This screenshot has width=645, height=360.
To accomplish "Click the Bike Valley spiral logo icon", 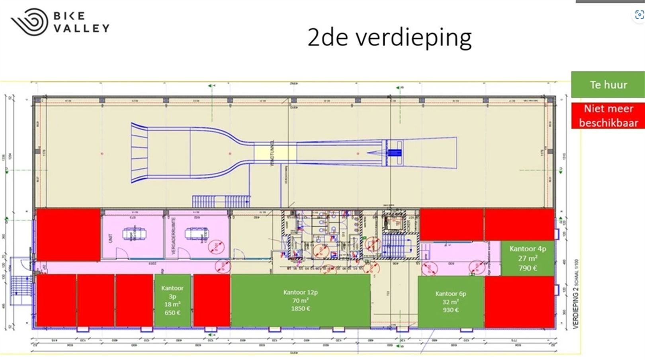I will (29, 22).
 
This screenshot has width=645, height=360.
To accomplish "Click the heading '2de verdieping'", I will (389, 38).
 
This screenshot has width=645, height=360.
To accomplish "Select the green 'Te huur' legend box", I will (608, 84).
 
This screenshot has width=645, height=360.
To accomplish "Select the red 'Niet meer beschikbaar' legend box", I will (608, 115).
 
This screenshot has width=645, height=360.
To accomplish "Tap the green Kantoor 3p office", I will (172, 301).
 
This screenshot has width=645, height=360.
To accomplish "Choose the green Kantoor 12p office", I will (301, 301).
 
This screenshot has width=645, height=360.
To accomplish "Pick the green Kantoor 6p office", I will (451, 302).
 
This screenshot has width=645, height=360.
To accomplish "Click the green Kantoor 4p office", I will (528, 258).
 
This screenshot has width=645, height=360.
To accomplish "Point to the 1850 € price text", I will (301, 309).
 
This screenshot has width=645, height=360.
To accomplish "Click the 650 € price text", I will (172, 313).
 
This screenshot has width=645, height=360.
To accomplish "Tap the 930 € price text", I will (450, 310).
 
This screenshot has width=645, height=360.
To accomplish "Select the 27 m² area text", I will (528, 258).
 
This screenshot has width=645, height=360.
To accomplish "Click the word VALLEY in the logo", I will (81, 28).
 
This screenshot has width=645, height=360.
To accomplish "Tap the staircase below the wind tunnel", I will (221, 201).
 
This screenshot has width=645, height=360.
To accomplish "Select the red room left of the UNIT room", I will (68, 235).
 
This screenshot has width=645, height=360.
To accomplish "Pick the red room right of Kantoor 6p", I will (519, 302).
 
